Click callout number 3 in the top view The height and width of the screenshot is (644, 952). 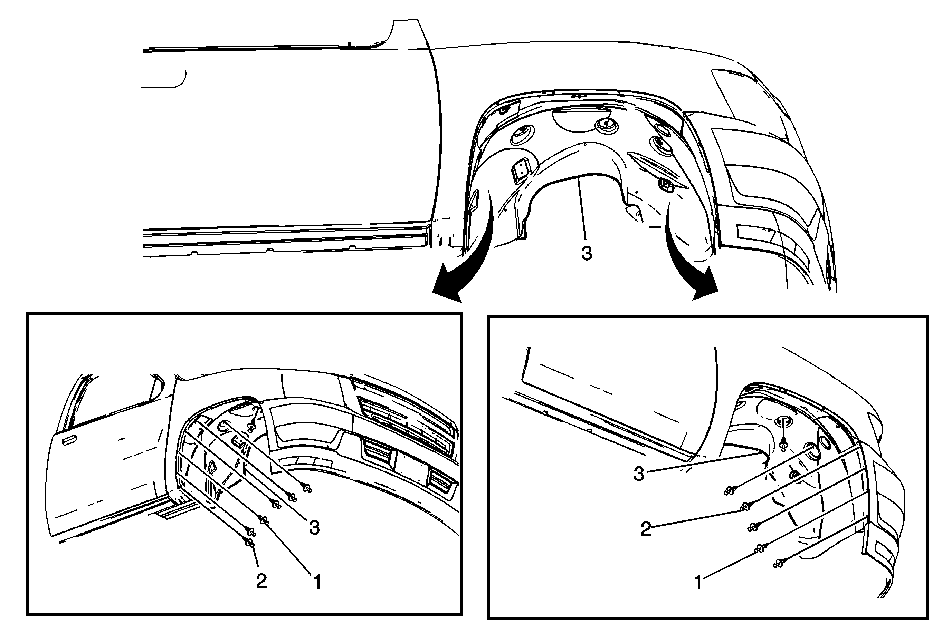pos(587,254)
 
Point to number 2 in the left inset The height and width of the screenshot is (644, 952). pos(261,581)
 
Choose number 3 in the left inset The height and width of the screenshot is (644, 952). pos(314,527)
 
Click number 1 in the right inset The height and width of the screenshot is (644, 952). pos(698,583)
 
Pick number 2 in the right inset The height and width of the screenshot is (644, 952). pos(646,529)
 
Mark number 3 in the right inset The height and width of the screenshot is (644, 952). pos(639,474)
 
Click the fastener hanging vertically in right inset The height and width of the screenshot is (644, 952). pos(783,445)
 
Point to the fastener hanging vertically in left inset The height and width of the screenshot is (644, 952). pos(251,426)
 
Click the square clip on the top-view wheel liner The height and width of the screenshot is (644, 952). pos(520,170)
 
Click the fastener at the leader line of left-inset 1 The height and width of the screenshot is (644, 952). pos(264,520)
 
